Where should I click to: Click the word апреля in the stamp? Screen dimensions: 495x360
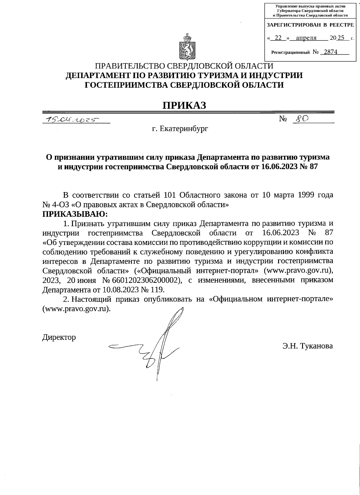coord(306,38)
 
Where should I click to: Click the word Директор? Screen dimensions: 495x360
coord(59,337)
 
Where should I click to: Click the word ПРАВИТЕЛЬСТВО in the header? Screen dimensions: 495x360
coord(130,66)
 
